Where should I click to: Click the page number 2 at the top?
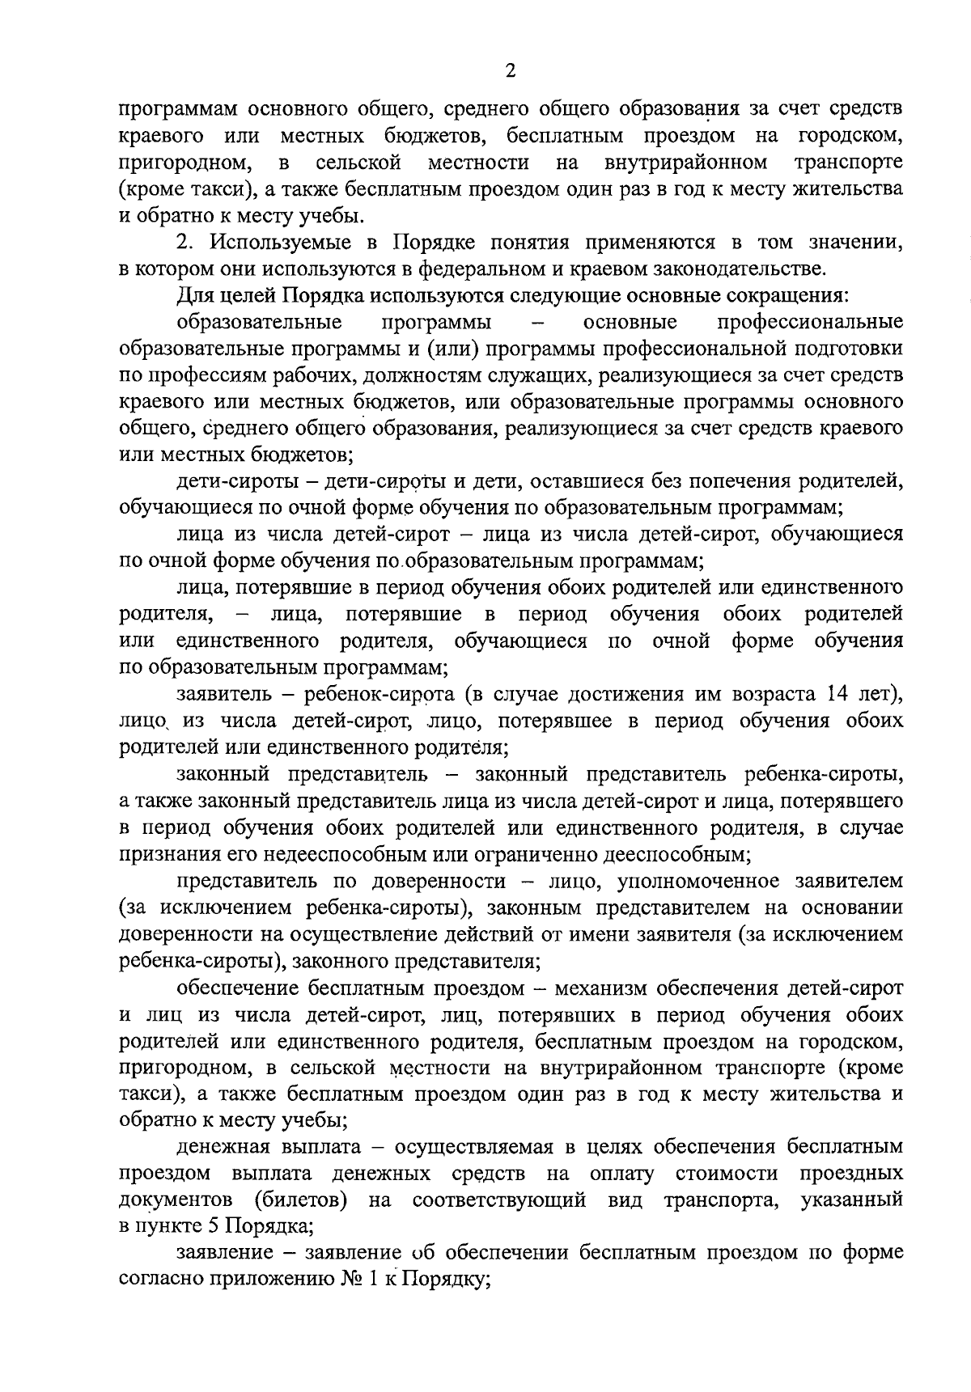point(510,71)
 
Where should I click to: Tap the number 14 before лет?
point(837,694)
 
